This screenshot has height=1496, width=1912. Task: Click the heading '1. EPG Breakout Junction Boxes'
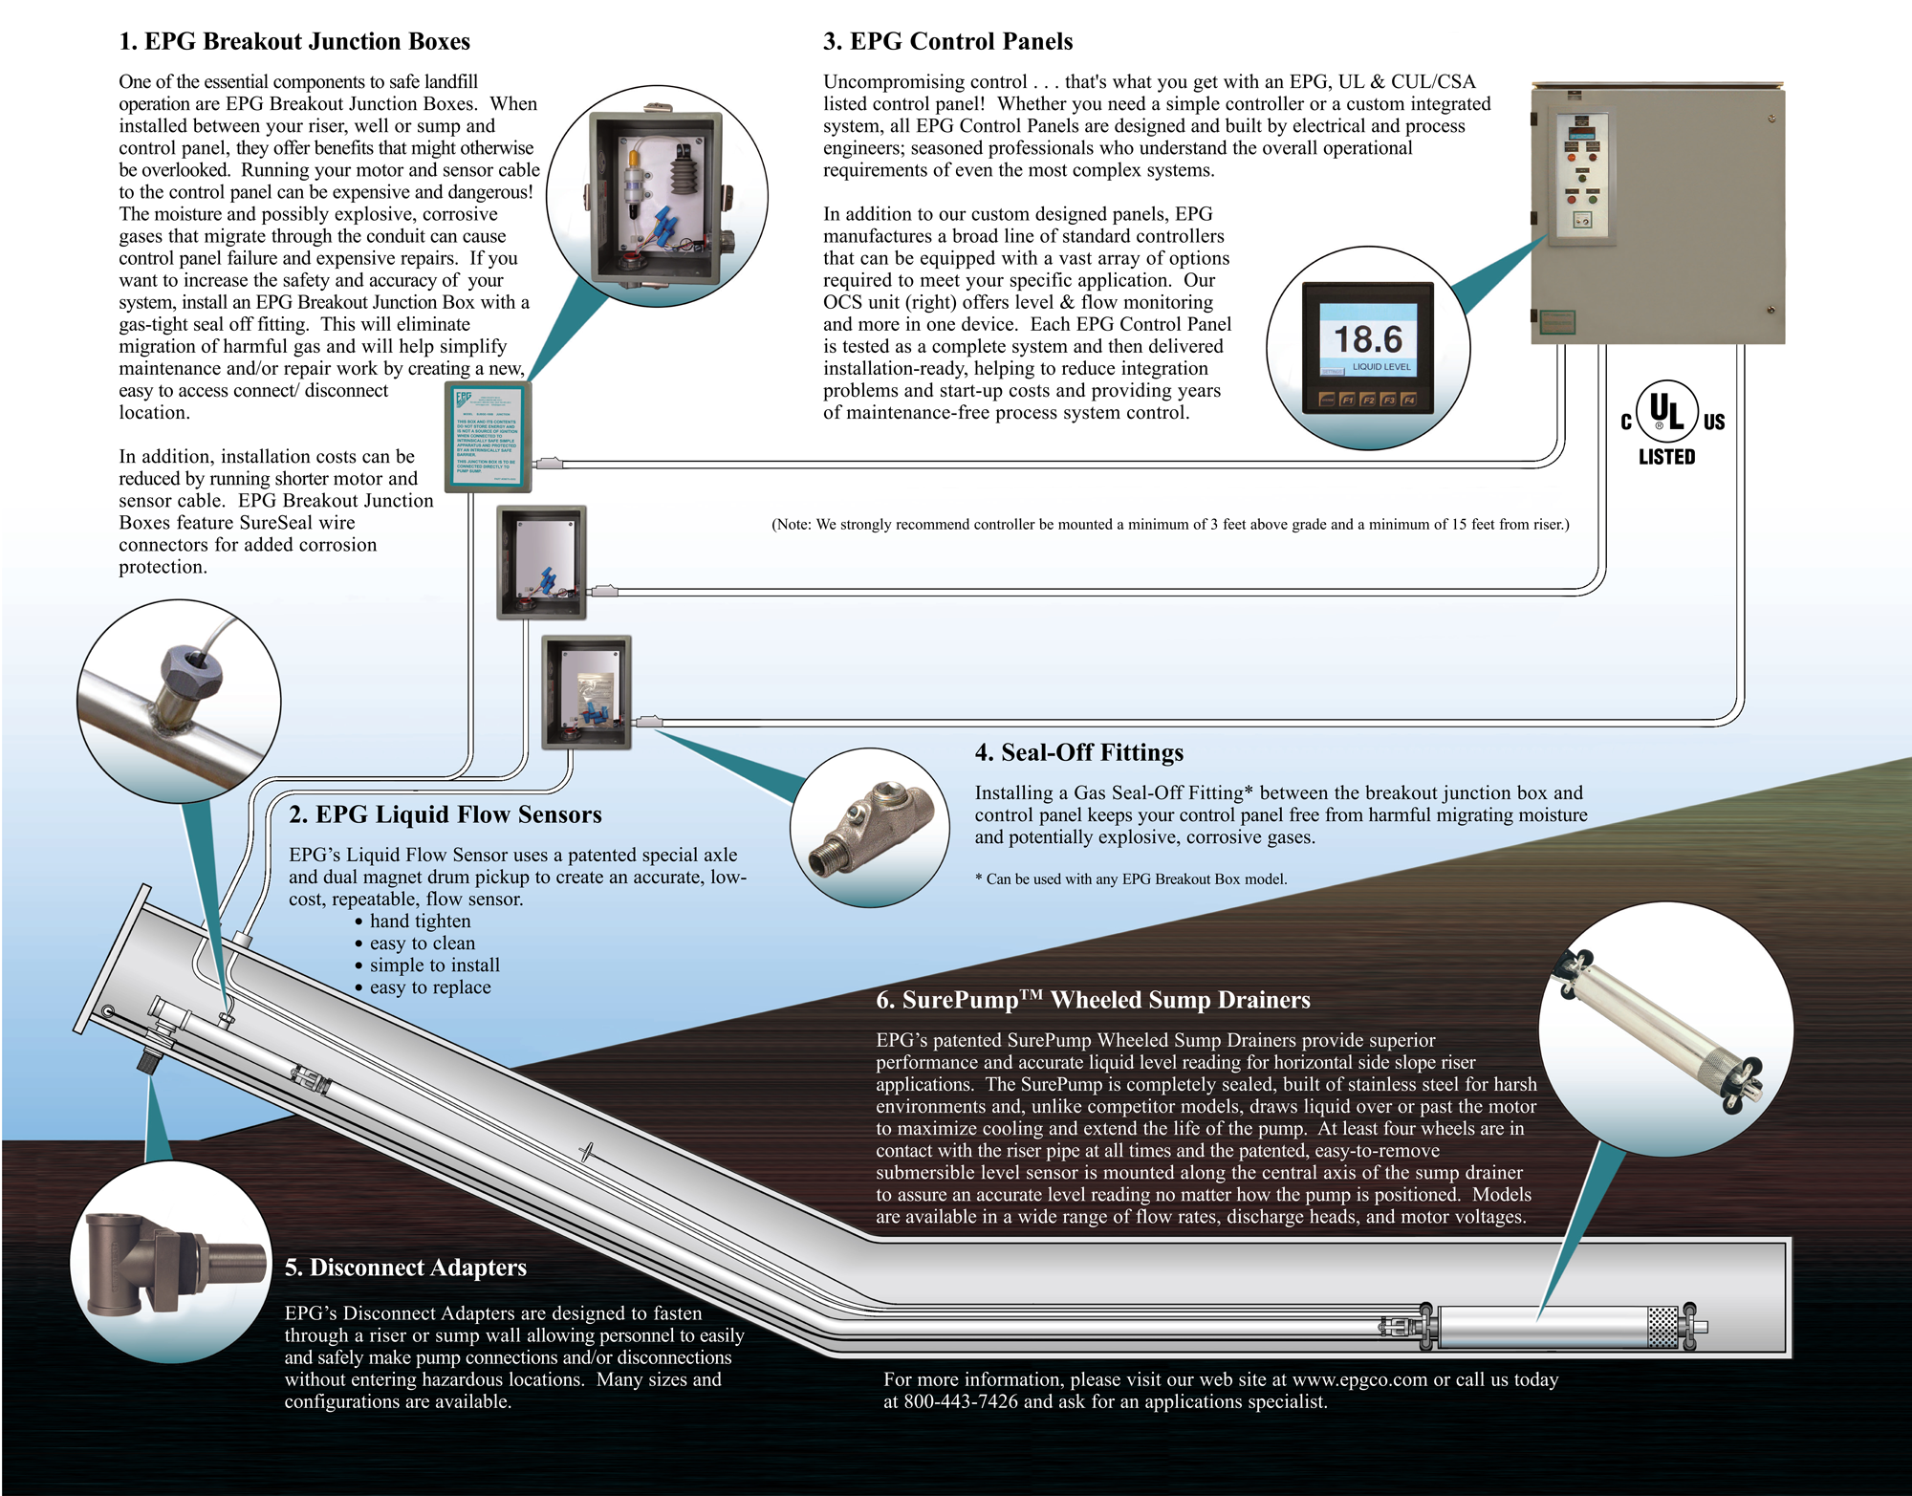294,41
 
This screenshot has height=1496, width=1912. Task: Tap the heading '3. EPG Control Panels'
947,41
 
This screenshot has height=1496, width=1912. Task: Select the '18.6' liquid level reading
1367,338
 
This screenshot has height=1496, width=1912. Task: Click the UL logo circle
1666,411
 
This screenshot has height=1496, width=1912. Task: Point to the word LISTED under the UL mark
1666,457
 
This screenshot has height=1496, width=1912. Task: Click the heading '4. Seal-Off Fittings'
1078,752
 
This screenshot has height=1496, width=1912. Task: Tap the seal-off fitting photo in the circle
869,828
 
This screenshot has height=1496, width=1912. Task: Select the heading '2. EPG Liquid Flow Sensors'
445,814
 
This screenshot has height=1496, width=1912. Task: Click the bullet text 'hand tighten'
420,921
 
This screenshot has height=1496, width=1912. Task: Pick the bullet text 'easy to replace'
430,986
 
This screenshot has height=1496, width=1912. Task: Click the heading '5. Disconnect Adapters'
405,1267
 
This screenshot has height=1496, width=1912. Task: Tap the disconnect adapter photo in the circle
171,1262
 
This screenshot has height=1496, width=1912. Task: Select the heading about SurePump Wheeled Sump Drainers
1093,1000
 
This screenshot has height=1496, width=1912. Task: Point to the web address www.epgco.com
1359,1379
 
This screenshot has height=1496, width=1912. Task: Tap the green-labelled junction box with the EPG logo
488,437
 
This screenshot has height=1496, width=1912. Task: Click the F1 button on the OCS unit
1347,400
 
